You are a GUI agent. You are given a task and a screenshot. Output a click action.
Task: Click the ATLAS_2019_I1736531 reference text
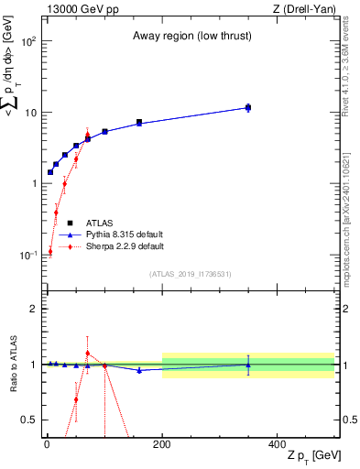[190, 273]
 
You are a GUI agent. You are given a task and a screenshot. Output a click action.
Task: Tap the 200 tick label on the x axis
[162, 443]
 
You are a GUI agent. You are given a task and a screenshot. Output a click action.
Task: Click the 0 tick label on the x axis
[47, 443]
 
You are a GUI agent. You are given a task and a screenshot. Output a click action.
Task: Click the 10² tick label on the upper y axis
[28, 42]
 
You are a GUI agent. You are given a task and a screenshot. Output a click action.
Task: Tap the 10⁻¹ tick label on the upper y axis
[28, 254]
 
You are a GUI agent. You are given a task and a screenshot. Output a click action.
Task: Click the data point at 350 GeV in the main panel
[248, 107]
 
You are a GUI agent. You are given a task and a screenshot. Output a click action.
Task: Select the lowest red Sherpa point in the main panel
[50, 251]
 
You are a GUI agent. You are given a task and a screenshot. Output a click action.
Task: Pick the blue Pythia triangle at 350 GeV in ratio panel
[248, 365]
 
